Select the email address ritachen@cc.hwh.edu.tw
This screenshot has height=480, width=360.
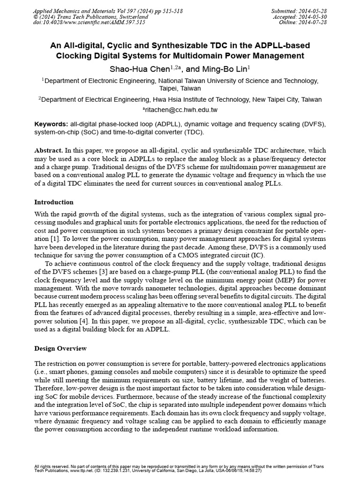coord(180,110)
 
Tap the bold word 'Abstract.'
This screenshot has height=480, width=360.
coord(48,150)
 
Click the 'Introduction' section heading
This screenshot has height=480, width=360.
coord(54,202)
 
